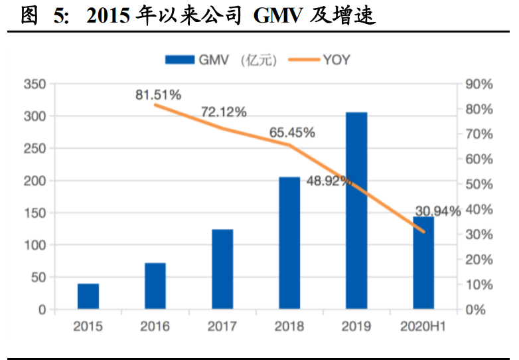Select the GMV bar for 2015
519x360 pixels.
click(x=88, y=296)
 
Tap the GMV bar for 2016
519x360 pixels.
click(x=155, y=286)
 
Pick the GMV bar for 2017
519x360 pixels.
click(x=222, y=269)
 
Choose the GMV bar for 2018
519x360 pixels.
click(x=289, y=243)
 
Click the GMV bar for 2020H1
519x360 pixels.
click(x=423, y=262)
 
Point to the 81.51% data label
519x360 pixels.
click(x=158, y=95)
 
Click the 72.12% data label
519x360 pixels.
click(x=224, y=112)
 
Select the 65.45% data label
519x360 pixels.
click(x=291, y=132)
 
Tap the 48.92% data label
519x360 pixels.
click(x=329, y=181)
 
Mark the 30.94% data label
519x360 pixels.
click(x=437, y=212)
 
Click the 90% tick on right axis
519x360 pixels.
click(x=479, y=84)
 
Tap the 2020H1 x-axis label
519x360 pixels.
click(x=423, y=326)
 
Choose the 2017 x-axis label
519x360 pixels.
click(x=222, y=326)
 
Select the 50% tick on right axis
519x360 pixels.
click(x=479, y=185)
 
